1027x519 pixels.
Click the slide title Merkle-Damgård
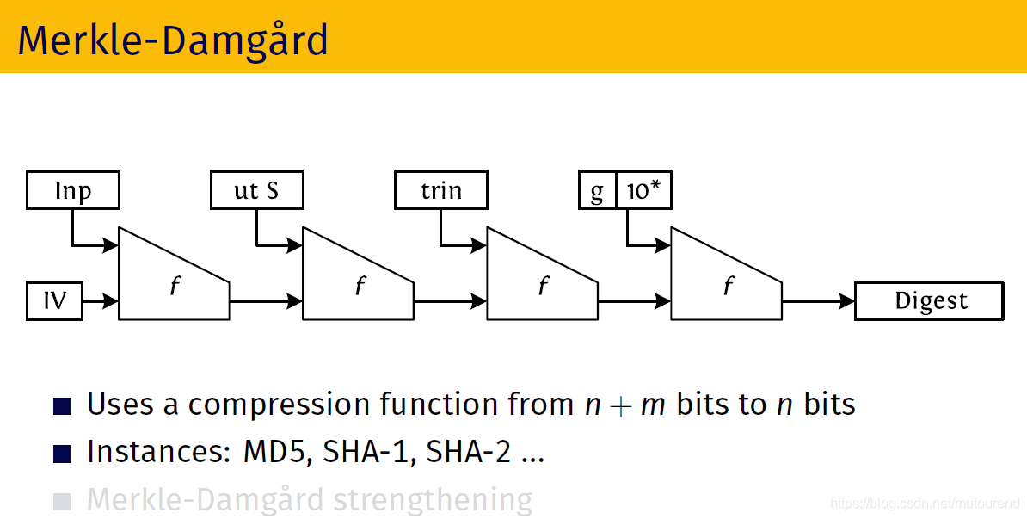point(173,40)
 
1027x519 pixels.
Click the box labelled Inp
point(72,190)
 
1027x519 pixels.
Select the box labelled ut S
point(256,190)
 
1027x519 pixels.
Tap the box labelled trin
point(440,190)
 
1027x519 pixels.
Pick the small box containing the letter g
point(597,190)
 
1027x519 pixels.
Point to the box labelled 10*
point(643,190)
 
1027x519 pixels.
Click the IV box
point(55,301)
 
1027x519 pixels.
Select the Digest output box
point(929,301)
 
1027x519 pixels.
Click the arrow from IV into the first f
point(101,301)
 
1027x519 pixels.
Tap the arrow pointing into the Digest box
point(818,301)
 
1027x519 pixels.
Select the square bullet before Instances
point(63,454)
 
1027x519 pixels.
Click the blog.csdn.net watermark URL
point(926,503)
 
